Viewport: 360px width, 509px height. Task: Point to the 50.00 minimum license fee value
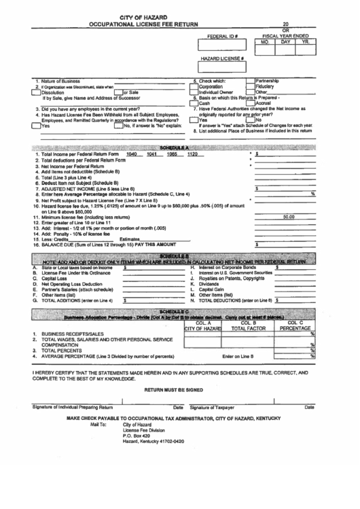(289, 217)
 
